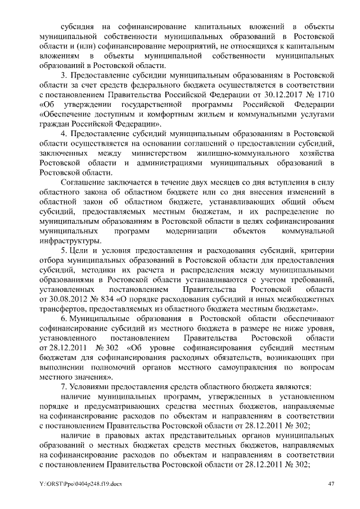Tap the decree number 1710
pos(327,95)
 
